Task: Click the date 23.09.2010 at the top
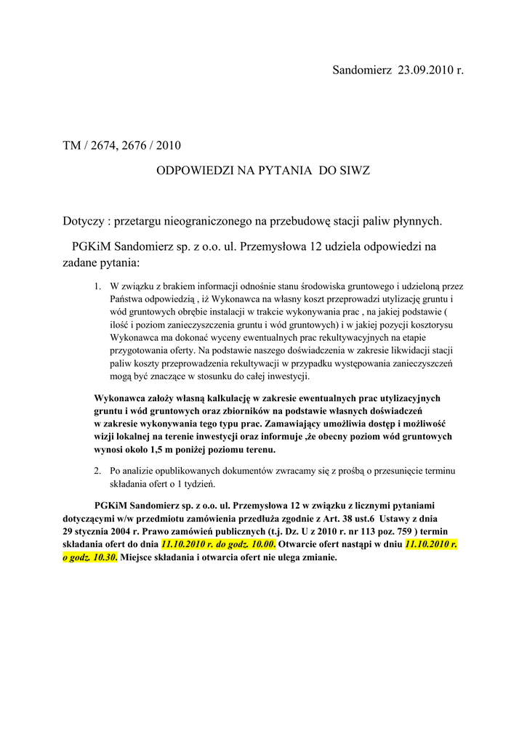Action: coord(424,70)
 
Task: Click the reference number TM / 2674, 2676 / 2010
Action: coord(121,146)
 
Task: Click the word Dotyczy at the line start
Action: coord(83,220)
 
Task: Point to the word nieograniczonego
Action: coord(205,220)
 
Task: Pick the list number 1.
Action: coord(97,287)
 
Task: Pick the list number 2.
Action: coord(97,471)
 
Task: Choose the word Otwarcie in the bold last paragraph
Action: coord(297,544)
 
